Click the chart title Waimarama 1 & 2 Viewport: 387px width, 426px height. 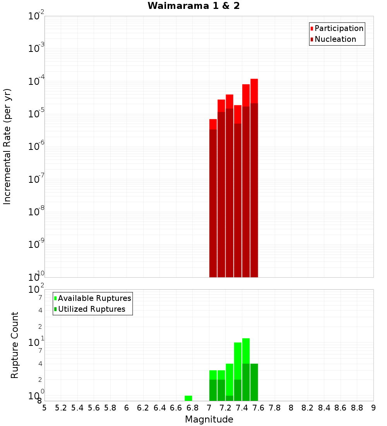[193, 6]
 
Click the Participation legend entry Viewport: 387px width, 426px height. [339, 28]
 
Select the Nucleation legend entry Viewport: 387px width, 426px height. [335, 39]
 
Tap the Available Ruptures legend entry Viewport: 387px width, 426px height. [94, 298]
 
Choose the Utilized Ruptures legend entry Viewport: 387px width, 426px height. [91, 309]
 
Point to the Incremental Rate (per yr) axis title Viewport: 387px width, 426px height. [7, 146]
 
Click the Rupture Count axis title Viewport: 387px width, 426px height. [15, 345]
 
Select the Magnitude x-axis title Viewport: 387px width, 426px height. [209, 419]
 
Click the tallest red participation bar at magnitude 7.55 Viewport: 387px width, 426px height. [254, 91]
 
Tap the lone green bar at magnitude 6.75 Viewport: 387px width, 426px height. [188, 398]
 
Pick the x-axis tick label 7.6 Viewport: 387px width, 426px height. [259, 408]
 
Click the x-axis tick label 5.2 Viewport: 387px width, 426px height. [61, 408]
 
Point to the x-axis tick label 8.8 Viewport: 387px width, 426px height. [357, 408]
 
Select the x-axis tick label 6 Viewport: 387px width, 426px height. [127, 408]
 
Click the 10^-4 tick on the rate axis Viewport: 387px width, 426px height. [36, 81]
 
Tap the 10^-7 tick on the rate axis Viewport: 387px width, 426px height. [36, 179]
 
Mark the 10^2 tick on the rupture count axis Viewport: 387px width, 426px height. [36, 290]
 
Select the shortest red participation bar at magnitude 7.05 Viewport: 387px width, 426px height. [213, 124]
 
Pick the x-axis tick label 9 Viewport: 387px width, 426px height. [373, 408]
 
